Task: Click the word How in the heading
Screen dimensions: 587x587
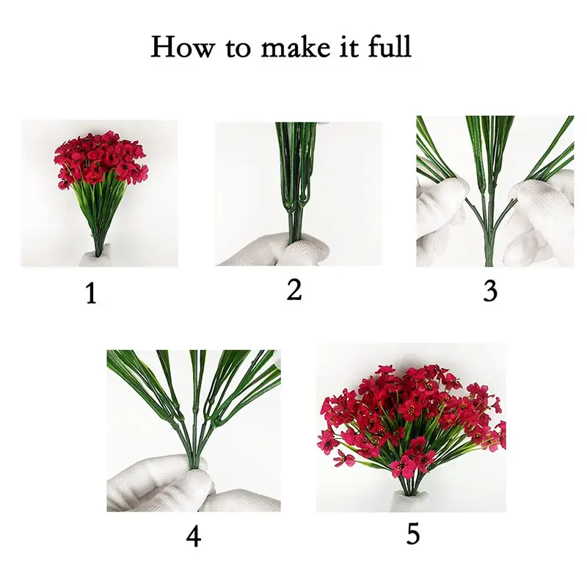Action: point(183,46)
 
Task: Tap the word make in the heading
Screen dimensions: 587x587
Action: point(296,46)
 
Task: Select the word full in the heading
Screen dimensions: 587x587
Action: point(390,45)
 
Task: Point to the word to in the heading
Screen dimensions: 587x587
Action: point(238,48)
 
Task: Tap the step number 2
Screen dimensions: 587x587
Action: point(294,289)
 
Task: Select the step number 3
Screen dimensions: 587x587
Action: point(490,291)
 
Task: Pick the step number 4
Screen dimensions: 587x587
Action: point(194,536)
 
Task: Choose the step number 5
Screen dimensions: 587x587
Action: point(413,533)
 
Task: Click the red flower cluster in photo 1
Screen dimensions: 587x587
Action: point(101,158)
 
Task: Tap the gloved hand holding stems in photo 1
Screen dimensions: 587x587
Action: point(95,258)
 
